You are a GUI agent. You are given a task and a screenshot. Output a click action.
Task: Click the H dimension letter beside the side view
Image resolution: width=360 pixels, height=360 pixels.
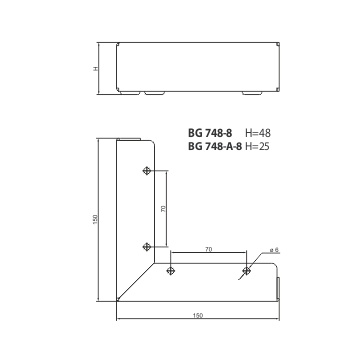tap(96, 68)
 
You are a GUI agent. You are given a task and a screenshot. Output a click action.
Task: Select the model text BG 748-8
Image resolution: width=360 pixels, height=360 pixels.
tap(210, 133)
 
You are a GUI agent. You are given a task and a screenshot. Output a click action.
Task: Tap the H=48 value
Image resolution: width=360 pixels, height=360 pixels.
tap(258, 133)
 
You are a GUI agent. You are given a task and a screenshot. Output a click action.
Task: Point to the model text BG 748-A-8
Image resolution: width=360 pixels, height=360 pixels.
tap(215, 146)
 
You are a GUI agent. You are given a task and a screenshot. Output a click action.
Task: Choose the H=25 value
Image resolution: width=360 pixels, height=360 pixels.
tap(257, 146)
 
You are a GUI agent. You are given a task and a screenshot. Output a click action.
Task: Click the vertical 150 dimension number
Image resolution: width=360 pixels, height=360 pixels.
tap(96, 219)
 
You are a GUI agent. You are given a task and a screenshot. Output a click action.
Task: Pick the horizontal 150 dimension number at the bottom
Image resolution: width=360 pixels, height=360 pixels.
tap(198, 315)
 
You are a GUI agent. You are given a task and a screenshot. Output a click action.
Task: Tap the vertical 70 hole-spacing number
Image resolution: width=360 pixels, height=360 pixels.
tap(163, 209)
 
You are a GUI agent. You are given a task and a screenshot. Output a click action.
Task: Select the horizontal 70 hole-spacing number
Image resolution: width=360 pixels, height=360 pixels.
tap(209, 249)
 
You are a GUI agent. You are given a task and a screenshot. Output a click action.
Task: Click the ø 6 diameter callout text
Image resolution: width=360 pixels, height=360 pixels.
tap(274, 249)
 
